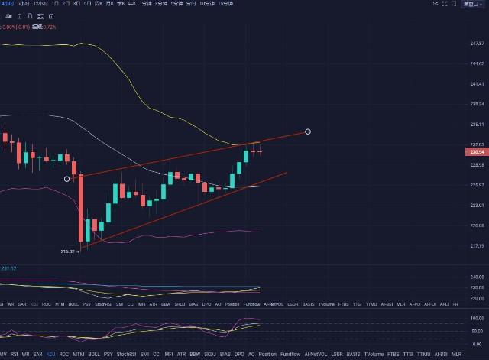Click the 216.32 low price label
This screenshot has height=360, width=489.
67,251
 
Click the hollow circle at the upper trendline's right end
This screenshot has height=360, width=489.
308,131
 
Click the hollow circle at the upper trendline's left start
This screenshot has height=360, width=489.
67,179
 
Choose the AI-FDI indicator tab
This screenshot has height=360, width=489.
429,304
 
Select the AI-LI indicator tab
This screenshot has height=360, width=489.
443,304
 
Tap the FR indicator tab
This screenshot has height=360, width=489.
456,304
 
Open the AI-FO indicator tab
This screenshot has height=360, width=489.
414,304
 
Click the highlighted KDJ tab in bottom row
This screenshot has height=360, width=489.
50,355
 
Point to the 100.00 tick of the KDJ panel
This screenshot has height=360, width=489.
477,317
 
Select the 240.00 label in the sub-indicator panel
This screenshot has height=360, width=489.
477,277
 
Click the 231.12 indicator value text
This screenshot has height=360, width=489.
9,268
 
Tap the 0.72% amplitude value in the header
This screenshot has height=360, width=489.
49,27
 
